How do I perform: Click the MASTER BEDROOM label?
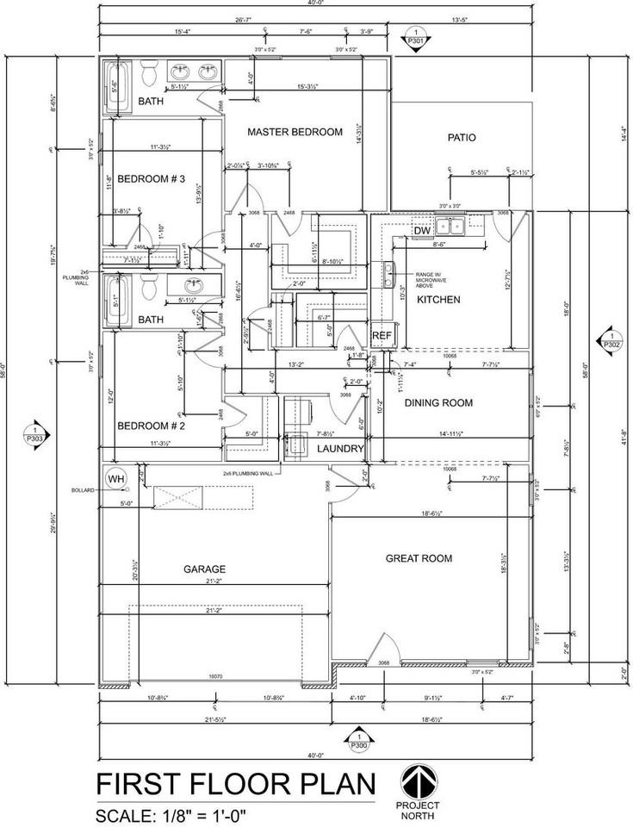pos(295,133)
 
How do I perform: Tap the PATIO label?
pos(462,138)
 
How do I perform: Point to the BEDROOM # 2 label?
pos(152,426)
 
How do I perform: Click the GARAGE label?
pos(204,569)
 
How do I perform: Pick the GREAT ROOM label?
pos(419,559)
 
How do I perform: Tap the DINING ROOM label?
pos(439,403)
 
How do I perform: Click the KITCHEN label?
pos(438,300)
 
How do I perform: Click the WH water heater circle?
pos(115,477)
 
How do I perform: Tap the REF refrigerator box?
pos(382,335)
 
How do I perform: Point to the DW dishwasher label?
pos(422,231)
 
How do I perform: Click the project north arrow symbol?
pos(418,783)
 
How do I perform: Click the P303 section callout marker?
pos(34,434)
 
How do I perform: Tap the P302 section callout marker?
pos(611,339)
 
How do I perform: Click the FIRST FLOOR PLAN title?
pos(235,786)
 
